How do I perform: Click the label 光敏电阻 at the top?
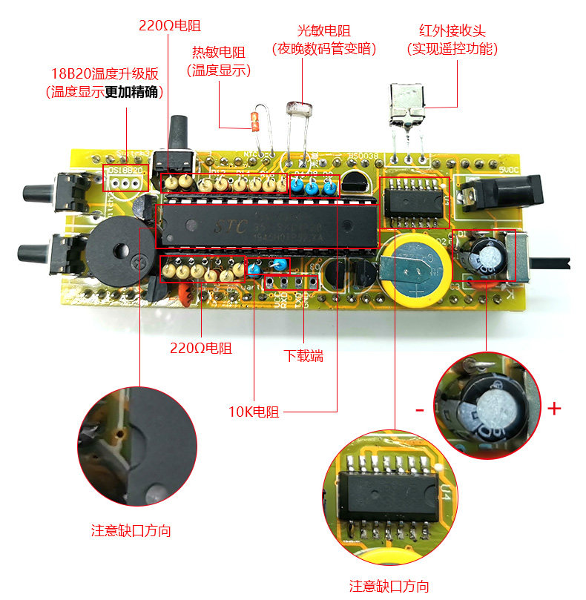pyautogui.click(x=323, y=31)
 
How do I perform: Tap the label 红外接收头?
pyautogui.click(x=452, y=31)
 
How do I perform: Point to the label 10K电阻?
pyautogui.click(x=254, y=412)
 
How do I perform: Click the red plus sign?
pyautogui.click(x=554, y=408)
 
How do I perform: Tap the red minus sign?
pyautogui.click(x=420, y=409)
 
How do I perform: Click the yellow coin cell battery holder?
pyautogui.click(x=412, y=268)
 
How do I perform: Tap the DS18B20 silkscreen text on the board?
pyautogui.click(x=124, y=171)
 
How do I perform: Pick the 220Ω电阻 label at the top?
pyautogui.click(x=169, y=25)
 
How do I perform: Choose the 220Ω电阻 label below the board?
pyautogui.click(x=200, y=348)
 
